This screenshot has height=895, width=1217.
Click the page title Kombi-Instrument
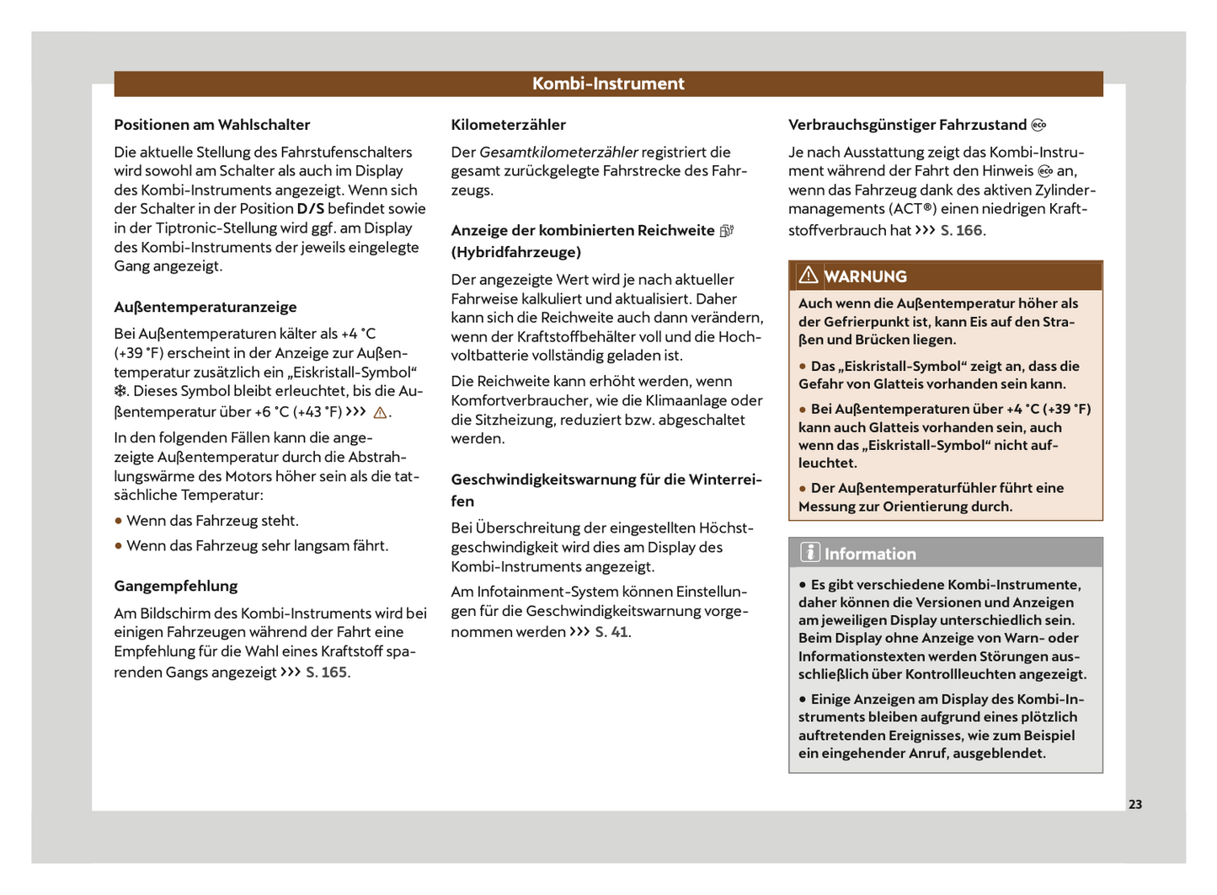coord(608,83)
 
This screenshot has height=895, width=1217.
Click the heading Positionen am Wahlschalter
coord(212,125)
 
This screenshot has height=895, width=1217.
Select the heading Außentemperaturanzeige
coord(206,307)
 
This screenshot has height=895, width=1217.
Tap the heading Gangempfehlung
coord(176,586)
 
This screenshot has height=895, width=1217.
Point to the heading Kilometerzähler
coord(509,125)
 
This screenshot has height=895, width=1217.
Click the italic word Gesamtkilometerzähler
coord(558,153)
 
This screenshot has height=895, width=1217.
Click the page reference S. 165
coord(327,673)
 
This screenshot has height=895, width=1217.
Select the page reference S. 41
coord(611,632)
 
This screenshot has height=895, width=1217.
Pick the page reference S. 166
coord(961,230)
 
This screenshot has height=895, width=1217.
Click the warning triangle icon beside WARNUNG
coord(809,275)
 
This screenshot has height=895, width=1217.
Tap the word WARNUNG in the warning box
coord(865,276)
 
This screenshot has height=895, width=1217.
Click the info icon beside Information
coord(809,553)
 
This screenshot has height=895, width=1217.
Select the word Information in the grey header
coord(870,554)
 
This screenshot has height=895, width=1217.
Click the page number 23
coord(1134,804)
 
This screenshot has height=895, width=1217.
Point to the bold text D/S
coord(310,209)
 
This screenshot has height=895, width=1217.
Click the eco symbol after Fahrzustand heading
coord(1039,125)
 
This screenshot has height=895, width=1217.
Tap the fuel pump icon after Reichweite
coord(727,231)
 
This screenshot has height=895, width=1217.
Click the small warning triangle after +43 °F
coord(380,413)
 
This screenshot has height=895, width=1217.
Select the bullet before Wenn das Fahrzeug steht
coord(119,521)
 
